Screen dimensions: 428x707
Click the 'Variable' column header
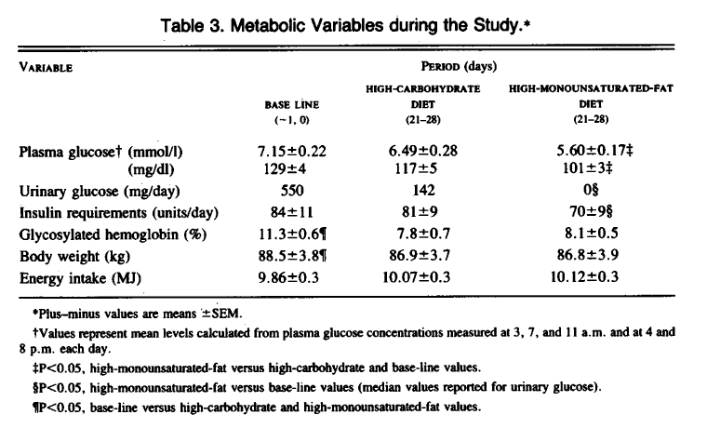tap(46, 67)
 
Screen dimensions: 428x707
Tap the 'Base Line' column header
tap(291, 105)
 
